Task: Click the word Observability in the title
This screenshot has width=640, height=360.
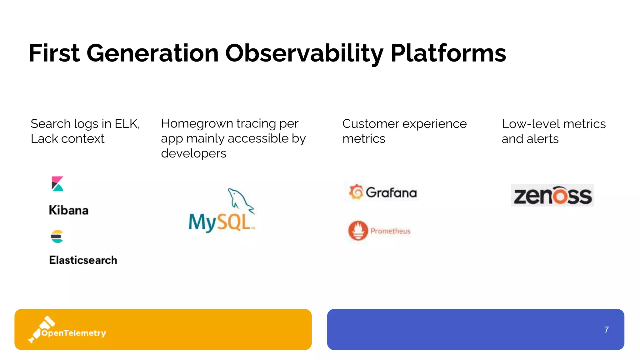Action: (304, 53)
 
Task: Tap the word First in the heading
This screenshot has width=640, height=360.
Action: (54, 53)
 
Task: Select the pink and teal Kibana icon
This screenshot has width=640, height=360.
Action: (57, 184)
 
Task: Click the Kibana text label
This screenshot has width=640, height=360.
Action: (69, 210)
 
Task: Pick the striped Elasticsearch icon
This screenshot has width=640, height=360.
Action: (57, 237)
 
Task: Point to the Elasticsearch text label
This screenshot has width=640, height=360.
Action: (83, 260)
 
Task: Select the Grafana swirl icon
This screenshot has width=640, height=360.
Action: (356, 192)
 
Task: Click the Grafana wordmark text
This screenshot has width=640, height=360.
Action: (391, 193)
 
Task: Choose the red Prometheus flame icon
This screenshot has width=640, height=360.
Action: (358, 231)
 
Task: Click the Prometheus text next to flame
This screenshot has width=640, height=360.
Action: (390, 231)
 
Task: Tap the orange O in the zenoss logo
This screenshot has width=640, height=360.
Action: (560, 196)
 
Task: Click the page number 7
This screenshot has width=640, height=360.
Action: (606, 330)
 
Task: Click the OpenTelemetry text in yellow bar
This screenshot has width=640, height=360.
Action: (74, 333)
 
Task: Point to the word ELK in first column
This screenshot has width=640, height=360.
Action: (127, 124)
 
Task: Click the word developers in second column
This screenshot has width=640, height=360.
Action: (193, 153)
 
